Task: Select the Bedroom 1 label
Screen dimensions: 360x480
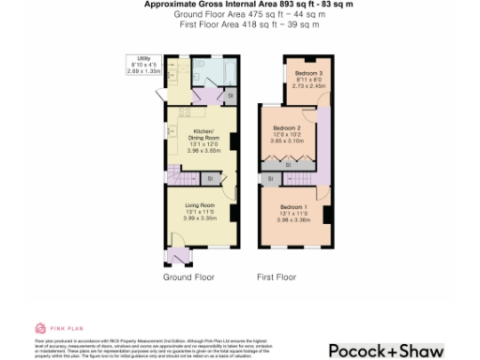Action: [293, 205]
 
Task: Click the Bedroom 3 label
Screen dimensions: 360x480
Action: [308, 73]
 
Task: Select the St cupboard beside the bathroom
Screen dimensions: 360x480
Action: [230, 95]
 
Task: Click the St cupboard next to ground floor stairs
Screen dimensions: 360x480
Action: [209, 177]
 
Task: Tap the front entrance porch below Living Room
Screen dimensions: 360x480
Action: [175, 255]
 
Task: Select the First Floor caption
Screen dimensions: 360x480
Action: [277, 277]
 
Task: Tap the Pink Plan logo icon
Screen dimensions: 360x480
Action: [39, 328]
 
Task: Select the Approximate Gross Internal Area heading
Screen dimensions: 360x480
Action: [240, 5]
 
